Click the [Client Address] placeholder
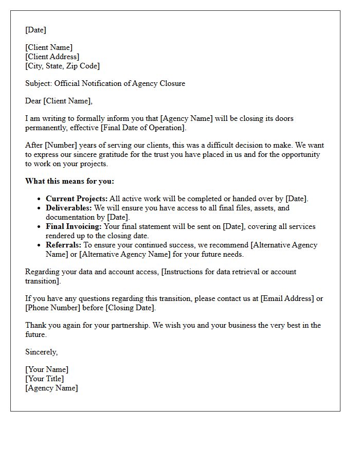click(52, 57)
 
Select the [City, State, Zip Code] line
click(62, 66)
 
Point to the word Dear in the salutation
click(33, 101)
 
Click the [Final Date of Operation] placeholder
click(146, 128)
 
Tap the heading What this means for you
click(69, 181)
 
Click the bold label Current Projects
click(77, 199)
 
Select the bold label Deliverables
click(68, 208)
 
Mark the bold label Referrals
click(63, 245)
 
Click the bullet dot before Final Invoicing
click(40, 227)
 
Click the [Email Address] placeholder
click(287, 298)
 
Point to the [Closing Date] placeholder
click(130, 308)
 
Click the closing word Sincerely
click(41, 352)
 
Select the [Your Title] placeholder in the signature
click(44, 379)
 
